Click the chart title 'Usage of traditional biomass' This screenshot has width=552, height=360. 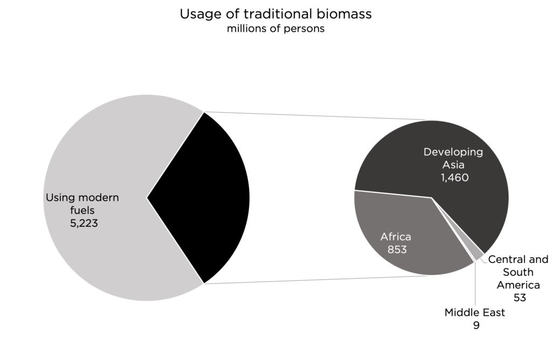click(275, 14)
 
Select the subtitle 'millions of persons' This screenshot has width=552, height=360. click(275, 29)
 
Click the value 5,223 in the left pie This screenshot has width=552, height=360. click(84, 223)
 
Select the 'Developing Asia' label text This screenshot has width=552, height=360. click(453, 158)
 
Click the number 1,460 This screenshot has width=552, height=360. click(454, 177)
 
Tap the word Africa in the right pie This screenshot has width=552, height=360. click(396, 237)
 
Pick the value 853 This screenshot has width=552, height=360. click(397, 250)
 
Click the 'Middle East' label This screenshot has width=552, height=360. click(474, 313)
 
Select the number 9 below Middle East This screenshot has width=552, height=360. click(477, 325)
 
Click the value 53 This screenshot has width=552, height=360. click(520, 297)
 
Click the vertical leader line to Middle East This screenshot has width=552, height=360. click(475, 283)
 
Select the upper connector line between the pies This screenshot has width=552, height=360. click(317, 116)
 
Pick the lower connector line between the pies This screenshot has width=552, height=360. click(317, 280)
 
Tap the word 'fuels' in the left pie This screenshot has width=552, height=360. click(82, 210)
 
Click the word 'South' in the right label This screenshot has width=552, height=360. click(518, 272)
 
